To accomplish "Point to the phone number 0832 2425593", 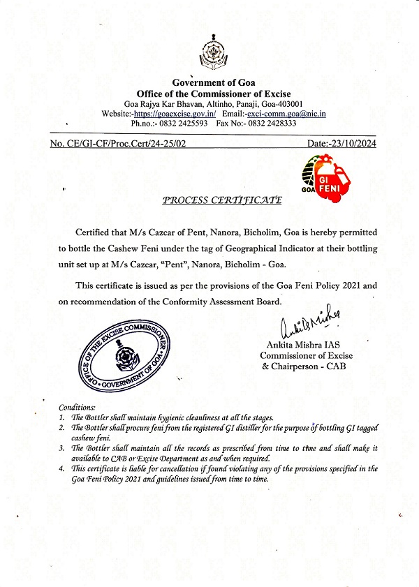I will click(166, 123).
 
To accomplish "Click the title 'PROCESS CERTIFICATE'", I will click(221, 200).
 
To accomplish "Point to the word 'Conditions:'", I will click(78, 407).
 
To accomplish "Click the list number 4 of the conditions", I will click(62, 469).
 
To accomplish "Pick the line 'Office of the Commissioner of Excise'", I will click(213, 94).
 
